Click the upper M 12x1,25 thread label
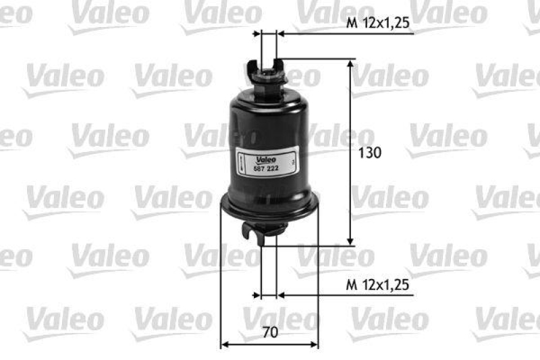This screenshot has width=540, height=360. pos(379,23)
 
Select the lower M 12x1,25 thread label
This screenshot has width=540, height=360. pos(379,286)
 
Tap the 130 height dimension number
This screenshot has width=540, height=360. pos(370,153)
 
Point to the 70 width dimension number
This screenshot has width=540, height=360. pos(270,332)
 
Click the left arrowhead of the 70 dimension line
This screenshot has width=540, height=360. pos(226,344)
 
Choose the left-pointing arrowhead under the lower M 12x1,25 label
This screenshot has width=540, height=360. pos(281,295)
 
